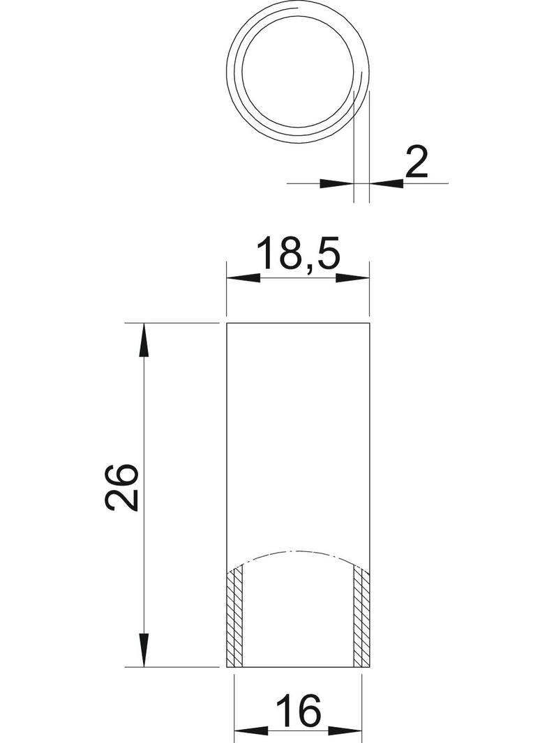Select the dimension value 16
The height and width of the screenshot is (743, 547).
pyautogui.click(x=298, y=712)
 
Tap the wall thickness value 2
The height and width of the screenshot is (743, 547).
pyautogui.click(x=416, y=164)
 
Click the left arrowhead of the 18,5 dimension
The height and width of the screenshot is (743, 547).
pyautogui.click(x=243, y=277)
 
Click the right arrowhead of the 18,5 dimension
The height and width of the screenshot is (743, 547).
pyautogui.click(x=354, y=277)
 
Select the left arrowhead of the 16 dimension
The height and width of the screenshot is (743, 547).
pyautogui.click(x=248, y=731)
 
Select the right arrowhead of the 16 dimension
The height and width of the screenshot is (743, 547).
pyautogui.click(x=347, y=731)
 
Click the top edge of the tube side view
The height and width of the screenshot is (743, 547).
pyautogui.click(x=299, y=324)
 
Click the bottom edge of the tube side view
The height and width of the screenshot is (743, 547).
pyautogui.click(x=299, y=666)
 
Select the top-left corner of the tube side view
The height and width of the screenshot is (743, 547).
pyautogui.click(x=227, y=324)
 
